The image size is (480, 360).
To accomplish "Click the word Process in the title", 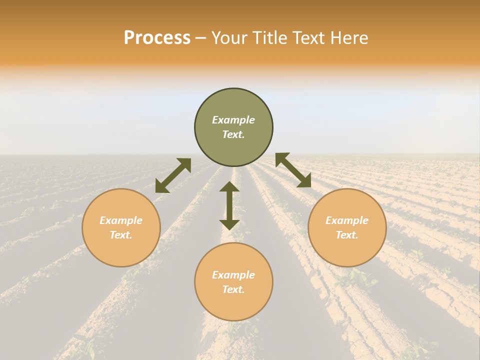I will tap(157, 38).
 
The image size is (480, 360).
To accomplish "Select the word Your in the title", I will tap(229, 38).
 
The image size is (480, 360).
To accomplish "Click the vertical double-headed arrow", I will tap(229, 205).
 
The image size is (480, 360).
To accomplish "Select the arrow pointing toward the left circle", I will tap(173, 175).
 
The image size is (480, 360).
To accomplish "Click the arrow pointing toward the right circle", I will tap(293, 170).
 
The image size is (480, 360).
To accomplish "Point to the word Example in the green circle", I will tap(233, 120).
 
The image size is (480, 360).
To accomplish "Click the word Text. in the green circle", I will tap(233, 134).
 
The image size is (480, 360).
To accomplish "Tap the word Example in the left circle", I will tap(121, 220).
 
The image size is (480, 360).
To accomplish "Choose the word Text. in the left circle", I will tap(121, 235).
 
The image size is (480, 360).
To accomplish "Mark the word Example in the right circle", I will tap(347, 220).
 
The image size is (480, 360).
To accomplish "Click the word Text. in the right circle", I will tap(347, 235).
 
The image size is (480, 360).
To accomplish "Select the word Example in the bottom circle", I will tap(233, 275).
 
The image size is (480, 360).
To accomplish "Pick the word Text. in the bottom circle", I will tap(233, 289).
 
